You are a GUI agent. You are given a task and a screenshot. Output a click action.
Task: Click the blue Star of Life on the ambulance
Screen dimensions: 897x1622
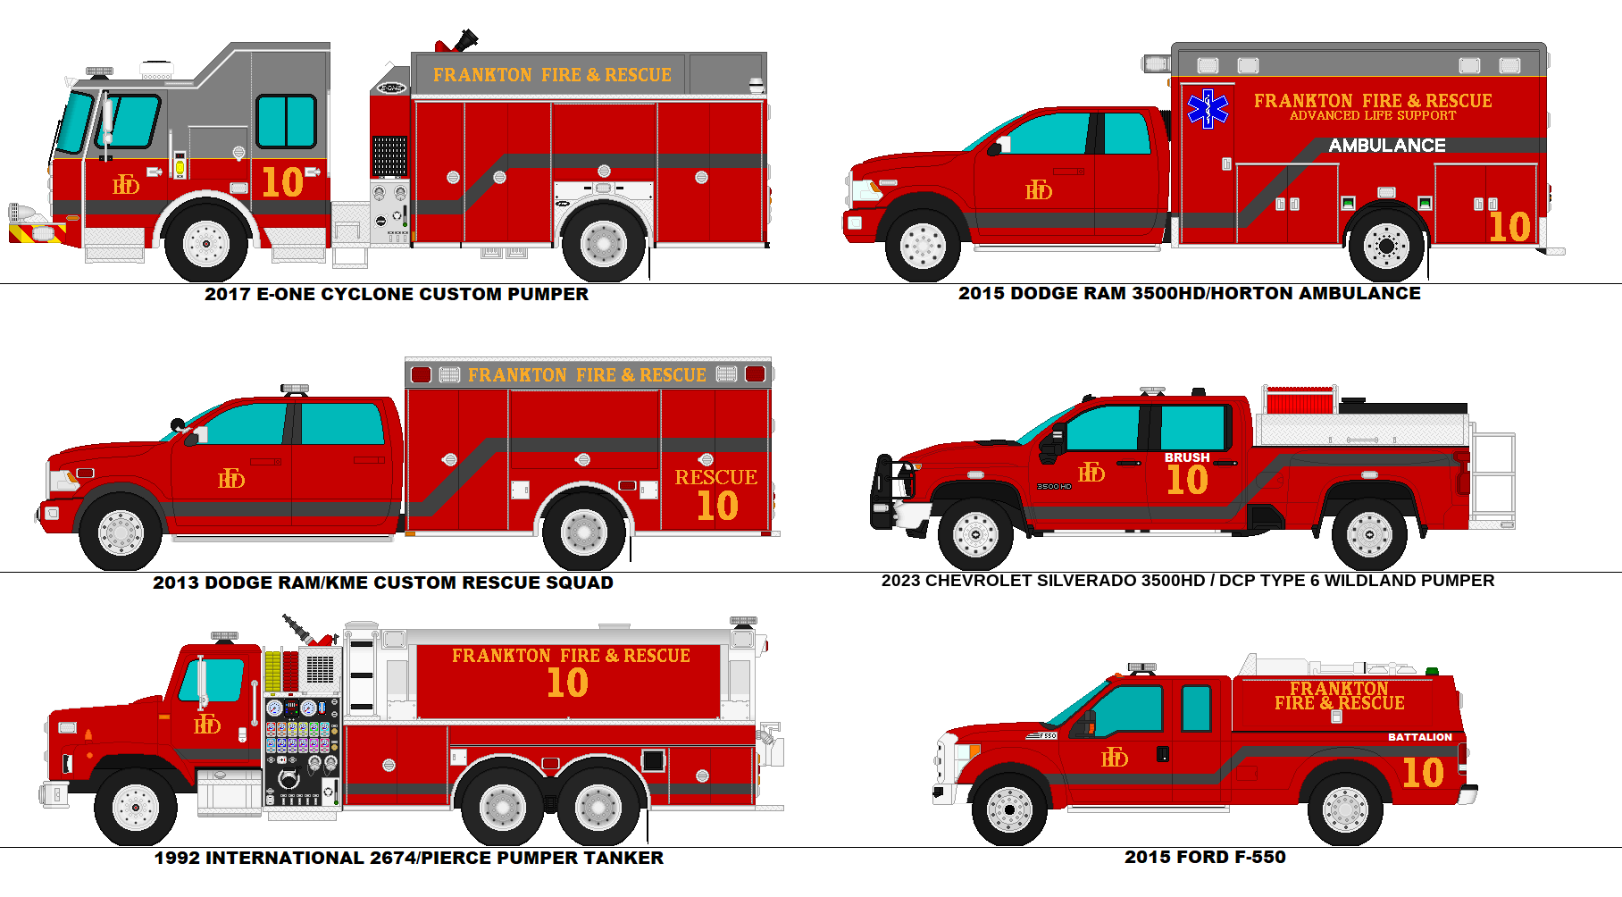1208,109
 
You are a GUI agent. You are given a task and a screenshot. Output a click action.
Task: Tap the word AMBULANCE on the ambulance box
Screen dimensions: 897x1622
1386,146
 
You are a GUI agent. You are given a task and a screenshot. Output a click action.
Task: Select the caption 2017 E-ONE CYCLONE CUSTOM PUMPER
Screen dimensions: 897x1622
397,294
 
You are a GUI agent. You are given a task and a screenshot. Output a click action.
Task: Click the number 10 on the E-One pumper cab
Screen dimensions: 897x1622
282,183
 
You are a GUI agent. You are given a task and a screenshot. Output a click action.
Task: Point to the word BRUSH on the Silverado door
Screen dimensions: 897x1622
1186,457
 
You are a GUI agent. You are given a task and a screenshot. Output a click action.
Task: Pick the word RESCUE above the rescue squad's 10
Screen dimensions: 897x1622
715,477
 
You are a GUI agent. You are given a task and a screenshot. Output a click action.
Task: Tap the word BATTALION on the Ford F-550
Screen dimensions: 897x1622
1419,737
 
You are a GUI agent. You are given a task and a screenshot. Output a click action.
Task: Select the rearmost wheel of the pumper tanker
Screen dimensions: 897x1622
599,807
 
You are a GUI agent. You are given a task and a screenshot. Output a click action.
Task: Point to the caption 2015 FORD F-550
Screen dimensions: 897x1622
1205,857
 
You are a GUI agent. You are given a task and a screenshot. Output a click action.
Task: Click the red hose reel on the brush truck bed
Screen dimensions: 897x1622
1300,402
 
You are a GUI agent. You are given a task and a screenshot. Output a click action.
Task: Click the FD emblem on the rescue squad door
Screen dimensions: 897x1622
231,479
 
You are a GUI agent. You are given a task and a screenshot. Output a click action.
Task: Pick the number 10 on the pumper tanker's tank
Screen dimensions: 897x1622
567,683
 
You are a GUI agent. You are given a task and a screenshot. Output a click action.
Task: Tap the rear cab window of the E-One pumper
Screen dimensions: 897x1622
286,122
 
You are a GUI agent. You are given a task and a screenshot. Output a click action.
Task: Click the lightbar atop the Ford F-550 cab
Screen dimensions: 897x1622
1141,667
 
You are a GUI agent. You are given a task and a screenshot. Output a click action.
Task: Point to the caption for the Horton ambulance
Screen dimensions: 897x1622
1189,293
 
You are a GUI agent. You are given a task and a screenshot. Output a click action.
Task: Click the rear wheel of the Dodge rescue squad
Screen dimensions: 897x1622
583,532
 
